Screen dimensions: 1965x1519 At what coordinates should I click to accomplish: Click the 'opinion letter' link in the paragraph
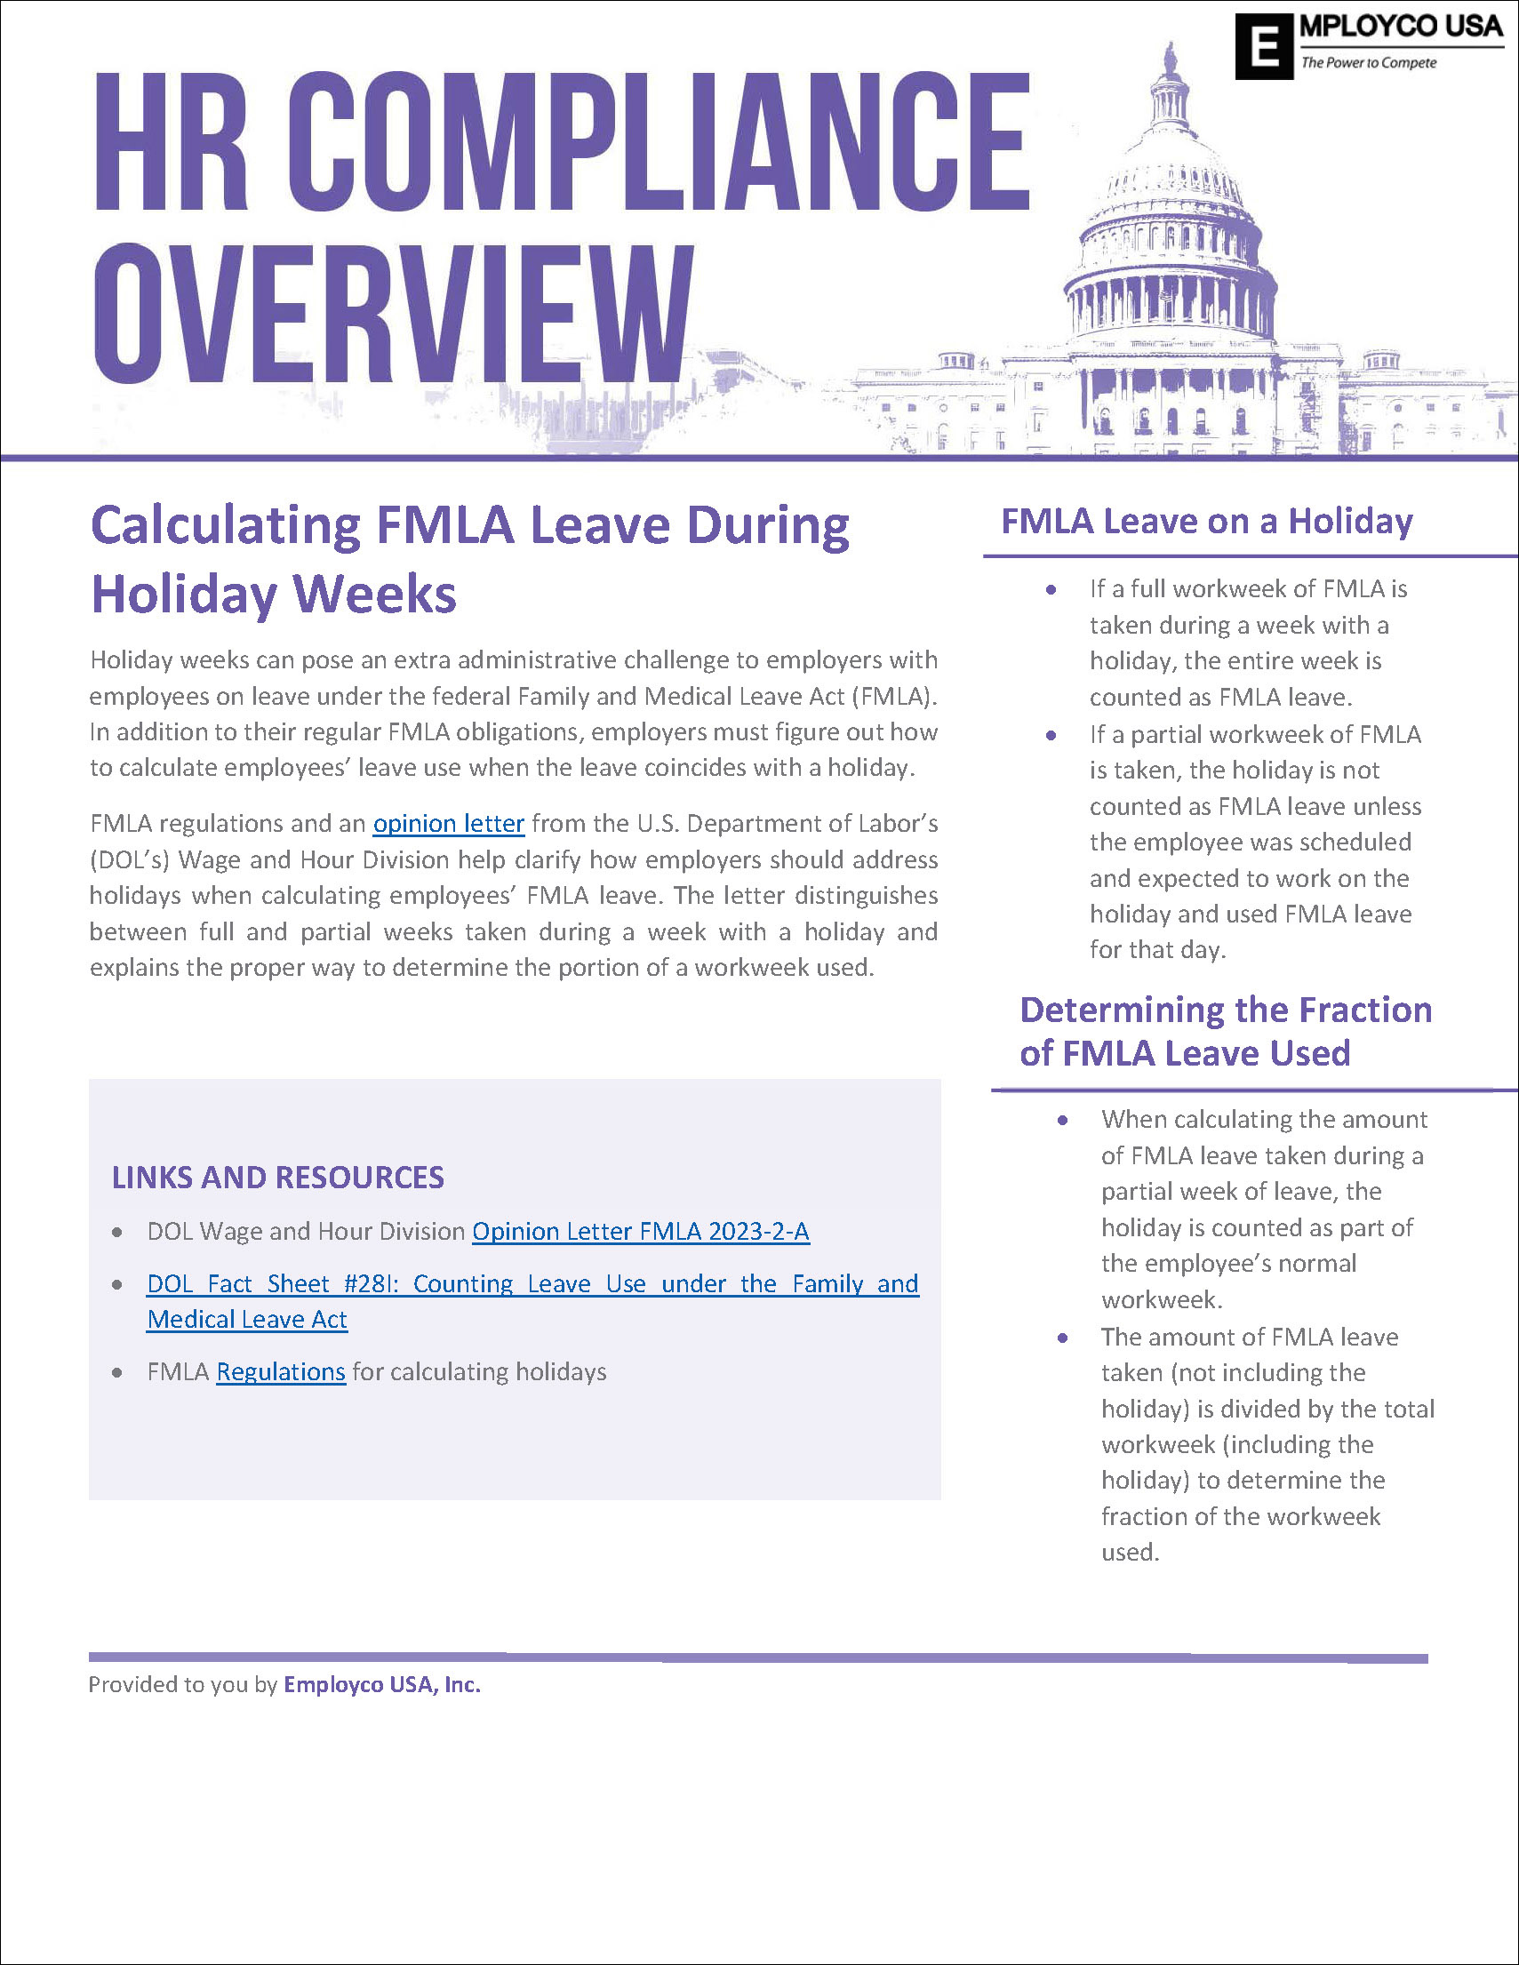[x=448, y=823]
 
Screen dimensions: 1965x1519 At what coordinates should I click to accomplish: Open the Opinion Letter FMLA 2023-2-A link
[x=641, y=1231]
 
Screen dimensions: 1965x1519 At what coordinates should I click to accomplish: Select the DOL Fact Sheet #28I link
[x=532, y=1284]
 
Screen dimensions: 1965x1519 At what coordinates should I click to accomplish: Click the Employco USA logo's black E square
[x=1263, y=47]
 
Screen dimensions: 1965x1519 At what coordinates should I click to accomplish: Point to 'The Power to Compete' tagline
[x=1368, y=63]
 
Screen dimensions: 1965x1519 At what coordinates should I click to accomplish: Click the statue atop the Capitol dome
[x=1171, y=59]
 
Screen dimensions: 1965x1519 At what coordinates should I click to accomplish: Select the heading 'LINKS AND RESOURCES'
[x=278, y=1178]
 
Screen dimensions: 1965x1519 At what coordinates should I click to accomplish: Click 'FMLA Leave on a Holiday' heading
[x=1207, y=522]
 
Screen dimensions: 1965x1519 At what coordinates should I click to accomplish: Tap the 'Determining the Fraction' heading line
[x=1225, y=1010]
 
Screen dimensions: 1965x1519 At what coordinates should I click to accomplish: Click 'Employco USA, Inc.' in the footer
[x=382, y=1684]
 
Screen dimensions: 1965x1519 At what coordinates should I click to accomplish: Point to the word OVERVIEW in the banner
[x=394, y=315]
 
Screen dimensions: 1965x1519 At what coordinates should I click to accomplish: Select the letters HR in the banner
[x=170, y=144]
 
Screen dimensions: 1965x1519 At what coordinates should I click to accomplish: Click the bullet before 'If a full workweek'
[x=1051, y=589]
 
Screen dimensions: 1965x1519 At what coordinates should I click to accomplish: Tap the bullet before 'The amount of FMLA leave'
[x=1063, y=1338]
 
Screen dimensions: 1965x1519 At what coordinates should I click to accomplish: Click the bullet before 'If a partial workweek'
[x=1051, y=735]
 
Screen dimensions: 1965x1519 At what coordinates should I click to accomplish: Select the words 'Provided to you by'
[x=183, y=1684]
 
